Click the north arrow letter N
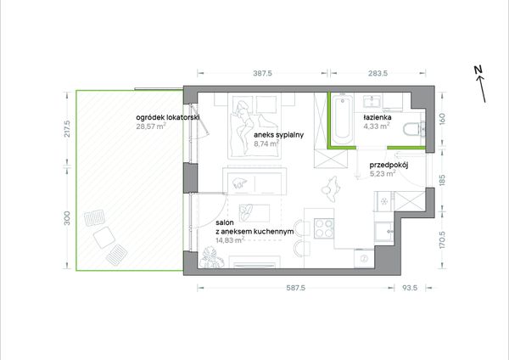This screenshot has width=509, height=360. point(478,70)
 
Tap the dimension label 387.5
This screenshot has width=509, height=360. point(263,73)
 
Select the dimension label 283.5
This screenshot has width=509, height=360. point(378,73)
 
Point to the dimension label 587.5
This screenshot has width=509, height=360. point(296,288)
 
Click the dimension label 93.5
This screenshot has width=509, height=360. point(410,288)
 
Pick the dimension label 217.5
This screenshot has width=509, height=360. point(67,128)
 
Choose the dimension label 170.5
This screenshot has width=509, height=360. point(442,240)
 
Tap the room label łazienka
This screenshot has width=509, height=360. point(378,117)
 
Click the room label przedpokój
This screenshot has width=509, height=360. point(389,165)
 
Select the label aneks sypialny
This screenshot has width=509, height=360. point(278,135)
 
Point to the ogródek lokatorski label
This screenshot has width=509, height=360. point(168,117)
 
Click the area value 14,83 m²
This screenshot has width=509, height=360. point(230,240)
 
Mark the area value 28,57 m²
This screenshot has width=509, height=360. point(151,126)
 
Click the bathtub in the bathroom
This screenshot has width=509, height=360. point(342,119)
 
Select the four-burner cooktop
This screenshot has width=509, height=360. point(324,228)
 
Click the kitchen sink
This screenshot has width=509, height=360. point(384,232)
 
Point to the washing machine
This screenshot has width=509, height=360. point(364,259)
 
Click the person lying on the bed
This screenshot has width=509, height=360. point(244,123)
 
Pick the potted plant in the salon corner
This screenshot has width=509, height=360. point(211,258)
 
